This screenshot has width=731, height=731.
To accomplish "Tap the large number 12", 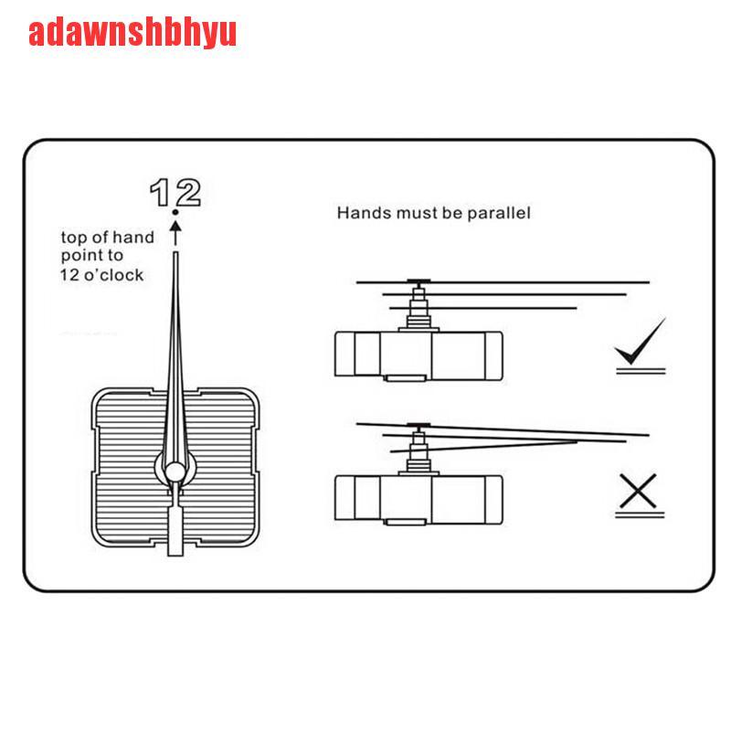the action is [x=175, y=192].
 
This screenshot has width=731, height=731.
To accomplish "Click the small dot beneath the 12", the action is [x=175, y=211].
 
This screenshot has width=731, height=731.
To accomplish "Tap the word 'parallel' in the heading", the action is [x=499, y=213].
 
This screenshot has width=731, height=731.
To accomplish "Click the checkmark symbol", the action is [x=640, y=342].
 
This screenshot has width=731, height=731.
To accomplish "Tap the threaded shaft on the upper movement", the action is [x=418, y=311].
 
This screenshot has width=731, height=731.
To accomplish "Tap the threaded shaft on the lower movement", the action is [x=418, y=451].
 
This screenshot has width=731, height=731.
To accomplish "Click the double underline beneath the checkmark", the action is [x=640, y=368].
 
